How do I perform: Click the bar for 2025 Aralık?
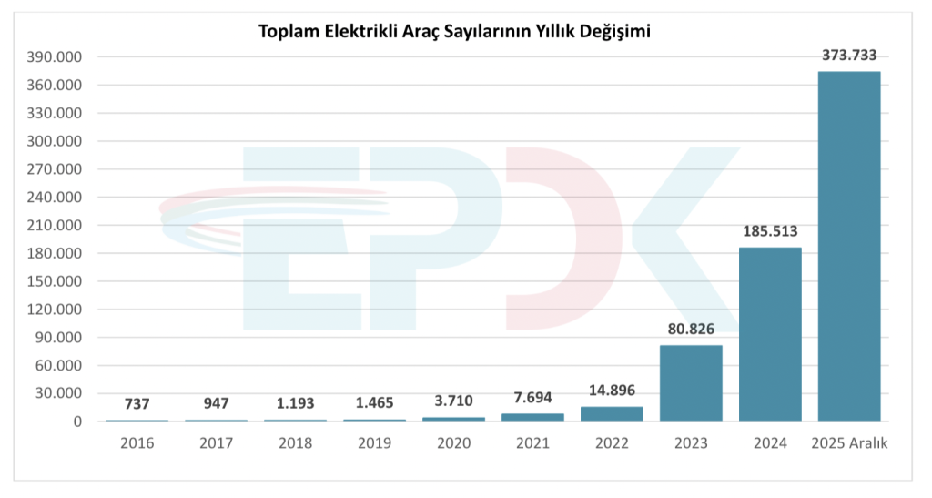849,246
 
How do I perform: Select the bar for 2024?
770,334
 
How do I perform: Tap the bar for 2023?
691,382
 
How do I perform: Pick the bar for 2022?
612,413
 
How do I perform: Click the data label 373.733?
849,55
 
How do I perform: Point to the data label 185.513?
770,231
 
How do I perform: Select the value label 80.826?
691,329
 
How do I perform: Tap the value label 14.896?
612,391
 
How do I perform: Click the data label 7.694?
532,397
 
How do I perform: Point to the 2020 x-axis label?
453,443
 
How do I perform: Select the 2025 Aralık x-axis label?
849,443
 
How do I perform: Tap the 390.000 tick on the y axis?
56,57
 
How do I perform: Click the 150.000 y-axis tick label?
56,281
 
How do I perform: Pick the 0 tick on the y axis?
78,422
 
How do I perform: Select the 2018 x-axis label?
295,443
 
